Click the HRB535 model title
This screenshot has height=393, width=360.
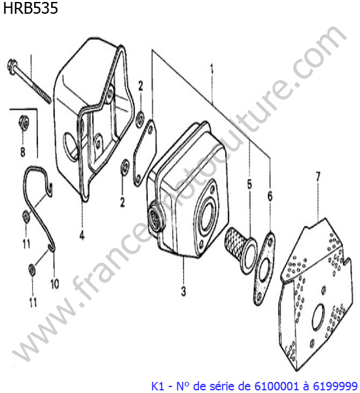click(x=30, y=8)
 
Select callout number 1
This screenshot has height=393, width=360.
click(x=212, y=69)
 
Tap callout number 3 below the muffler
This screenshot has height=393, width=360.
click(x=183, y=291)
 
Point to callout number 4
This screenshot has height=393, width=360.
click(x=82, y=235)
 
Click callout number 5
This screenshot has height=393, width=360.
click(x=249, y=185)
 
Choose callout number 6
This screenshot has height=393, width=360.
click(x=270, y=196)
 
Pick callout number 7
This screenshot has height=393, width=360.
click(x=318, y=177)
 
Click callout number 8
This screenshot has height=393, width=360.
click(x=22, y=152)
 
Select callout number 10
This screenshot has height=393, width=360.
click(x=54, y=284)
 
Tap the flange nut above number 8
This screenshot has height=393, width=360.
click(x=23, y=122)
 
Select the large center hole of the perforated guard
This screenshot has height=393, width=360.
click(x=318, y=316)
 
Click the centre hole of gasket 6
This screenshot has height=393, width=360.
click(x=264, y=272)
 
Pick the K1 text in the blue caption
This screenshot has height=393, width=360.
click(x=158, y=386)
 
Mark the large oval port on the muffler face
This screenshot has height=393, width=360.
click(x=207, y=215)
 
